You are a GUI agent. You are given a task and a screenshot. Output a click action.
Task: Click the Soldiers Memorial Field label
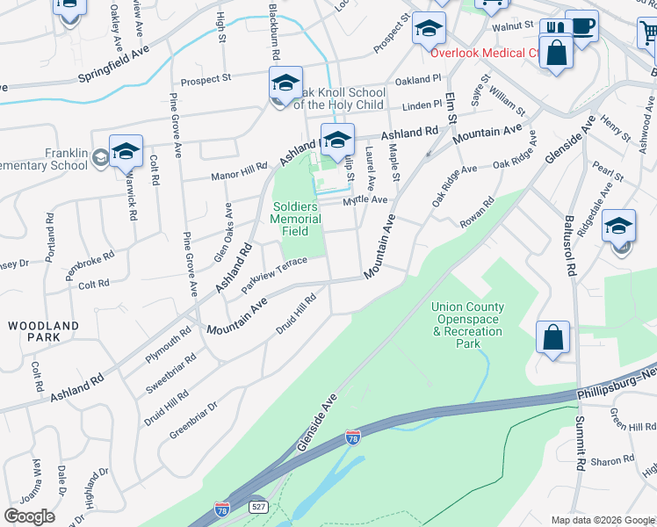click(290, 218)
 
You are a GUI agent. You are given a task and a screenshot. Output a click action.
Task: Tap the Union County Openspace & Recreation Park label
click(467, 325)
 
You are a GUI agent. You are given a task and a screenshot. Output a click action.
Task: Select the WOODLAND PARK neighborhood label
click(44, 331)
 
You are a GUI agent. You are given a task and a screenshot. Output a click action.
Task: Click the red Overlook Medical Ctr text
click(485, 52)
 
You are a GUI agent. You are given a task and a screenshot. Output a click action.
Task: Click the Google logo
click(29, 516)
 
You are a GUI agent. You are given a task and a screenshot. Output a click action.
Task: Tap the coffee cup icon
click(581, 25)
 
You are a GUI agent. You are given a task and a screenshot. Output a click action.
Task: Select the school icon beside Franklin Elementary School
click(126, 151)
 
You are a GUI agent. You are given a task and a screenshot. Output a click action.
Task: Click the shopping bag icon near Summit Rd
click(552, 337)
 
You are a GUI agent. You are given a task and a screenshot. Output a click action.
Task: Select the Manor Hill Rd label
click(239, 171)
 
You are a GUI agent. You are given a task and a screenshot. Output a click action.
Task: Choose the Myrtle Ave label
click(365, 200)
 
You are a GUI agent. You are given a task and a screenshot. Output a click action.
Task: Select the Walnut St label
click(514, 26)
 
